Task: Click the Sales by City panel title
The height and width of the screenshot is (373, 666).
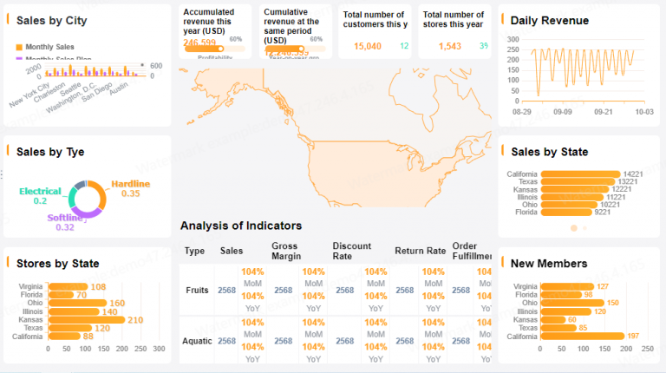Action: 51,20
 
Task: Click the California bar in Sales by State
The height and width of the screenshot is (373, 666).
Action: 580,173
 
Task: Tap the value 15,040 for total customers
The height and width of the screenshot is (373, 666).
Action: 368,46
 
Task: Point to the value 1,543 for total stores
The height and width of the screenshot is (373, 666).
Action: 450,46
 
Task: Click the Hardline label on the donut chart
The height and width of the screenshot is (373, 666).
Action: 130,183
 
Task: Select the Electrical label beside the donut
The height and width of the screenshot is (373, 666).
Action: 40,191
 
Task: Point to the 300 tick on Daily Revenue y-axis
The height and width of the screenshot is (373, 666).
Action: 513,40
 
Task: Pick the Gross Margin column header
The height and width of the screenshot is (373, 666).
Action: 284,251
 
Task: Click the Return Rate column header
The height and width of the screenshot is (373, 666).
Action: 420,251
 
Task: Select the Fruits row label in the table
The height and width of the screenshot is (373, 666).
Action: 197,290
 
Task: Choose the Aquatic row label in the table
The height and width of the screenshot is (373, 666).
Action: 197,341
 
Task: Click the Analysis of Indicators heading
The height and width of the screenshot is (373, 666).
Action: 241,226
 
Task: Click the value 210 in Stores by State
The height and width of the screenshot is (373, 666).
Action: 135,320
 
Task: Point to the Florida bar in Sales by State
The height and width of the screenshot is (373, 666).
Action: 565,212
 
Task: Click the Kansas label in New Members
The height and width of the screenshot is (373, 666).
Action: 525,319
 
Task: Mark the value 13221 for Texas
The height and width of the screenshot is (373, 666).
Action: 635,181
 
